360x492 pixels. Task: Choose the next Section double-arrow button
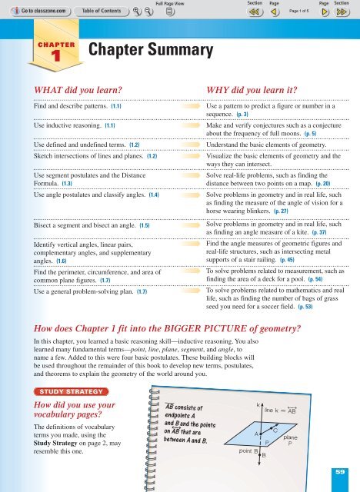(x=346, y=12)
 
